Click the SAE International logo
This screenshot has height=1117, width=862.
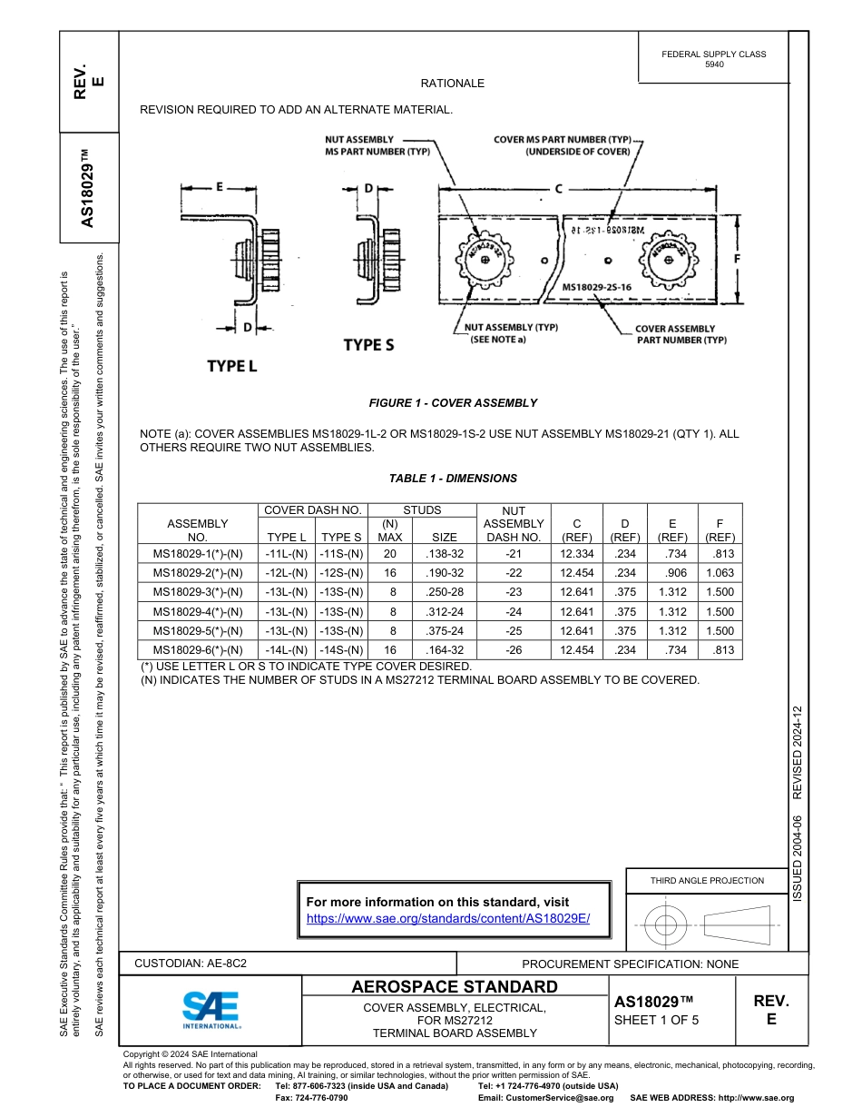211,1009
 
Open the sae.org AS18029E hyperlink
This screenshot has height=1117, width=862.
448,918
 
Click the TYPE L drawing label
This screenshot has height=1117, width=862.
232,366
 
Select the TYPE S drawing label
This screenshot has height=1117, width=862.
368,345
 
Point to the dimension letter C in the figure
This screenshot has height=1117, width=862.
559,189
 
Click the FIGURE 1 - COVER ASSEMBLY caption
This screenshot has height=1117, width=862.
453,403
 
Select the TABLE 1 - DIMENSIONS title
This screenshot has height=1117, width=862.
453,479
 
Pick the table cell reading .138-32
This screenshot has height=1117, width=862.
444,554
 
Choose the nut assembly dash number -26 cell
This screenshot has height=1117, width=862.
514,650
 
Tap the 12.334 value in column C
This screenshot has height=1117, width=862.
577,554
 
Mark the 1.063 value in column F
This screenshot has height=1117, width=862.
719,573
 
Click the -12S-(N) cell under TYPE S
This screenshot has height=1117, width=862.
341,573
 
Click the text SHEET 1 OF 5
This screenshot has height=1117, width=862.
657,1020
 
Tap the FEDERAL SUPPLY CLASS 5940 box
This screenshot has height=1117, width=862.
714,59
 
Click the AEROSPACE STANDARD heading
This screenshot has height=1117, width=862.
455,987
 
